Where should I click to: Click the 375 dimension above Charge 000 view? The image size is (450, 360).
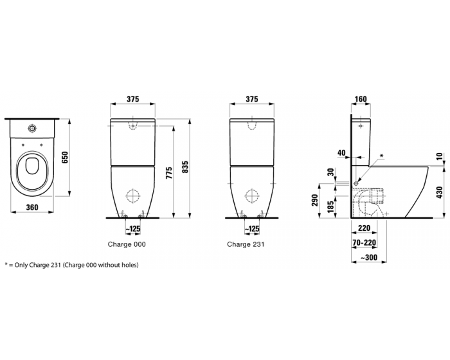132,99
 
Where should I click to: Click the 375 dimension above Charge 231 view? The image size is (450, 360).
251,99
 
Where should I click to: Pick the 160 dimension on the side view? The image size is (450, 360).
361,100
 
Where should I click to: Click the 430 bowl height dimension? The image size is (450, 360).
439,192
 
